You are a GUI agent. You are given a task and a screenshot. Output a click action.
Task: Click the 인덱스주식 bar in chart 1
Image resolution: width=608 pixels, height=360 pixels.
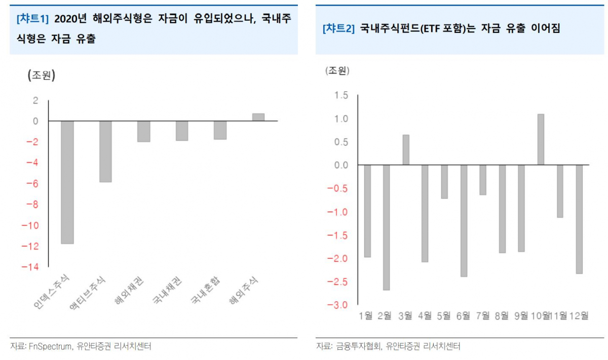tap(67, 182)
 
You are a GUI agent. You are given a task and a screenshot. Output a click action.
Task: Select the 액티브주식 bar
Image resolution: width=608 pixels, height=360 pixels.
tap(105, 151)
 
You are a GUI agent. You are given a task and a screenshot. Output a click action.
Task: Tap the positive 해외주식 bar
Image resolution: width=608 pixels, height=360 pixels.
tap(258, 117)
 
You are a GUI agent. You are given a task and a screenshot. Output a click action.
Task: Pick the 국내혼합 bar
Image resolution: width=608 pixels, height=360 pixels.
tap(220, 130)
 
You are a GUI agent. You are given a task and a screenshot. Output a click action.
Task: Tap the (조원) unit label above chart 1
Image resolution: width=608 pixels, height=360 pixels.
tap(41, 75)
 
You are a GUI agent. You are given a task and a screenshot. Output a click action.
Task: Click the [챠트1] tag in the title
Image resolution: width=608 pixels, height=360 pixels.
tap(32, 19)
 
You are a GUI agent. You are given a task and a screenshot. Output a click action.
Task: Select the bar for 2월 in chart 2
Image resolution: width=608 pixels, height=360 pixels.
tap(387, 227)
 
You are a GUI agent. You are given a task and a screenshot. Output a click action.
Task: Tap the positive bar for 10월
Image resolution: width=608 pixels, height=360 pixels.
tap(541, 139)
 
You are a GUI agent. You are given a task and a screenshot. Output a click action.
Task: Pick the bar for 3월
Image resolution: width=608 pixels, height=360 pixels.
tap(406, 150)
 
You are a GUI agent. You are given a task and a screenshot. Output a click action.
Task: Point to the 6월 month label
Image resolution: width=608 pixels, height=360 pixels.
tap(463, 316)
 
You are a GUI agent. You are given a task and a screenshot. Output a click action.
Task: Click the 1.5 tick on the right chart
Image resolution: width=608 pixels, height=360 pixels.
tap(341, 96)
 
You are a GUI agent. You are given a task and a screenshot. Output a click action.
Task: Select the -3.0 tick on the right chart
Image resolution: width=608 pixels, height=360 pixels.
tap(338, 305)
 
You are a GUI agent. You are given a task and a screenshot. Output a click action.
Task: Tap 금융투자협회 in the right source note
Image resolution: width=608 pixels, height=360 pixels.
tap(358, 347)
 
